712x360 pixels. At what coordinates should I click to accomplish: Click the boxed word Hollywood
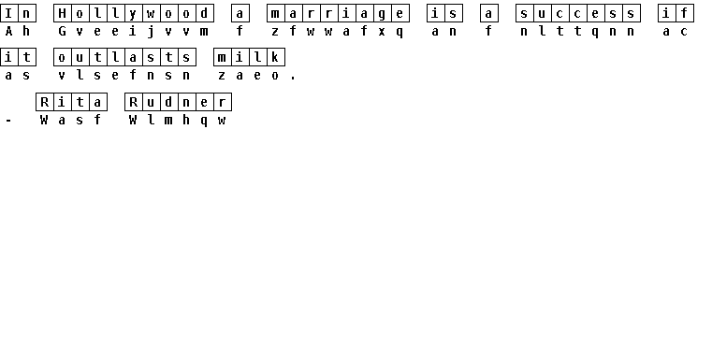click(x=134, y=13)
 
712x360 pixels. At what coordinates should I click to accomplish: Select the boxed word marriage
click(x=339, y=13)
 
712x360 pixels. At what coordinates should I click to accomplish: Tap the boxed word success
click(x=578, y=13)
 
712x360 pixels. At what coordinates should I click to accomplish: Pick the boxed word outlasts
click(x=124, y=57)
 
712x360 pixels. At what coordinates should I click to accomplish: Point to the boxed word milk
click(x=249, y=57)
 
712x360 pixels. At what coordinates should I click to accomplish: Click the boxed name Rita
click(x=71, y=102)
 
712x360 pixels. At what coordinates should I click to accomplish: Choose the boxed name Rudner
click(x=178, y=102)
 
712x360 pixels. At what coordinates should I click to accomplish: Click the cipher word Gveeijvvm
click(x=134, y=32)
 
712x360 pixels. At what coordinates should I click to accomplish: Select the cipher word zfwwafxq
click(x=339, y=32)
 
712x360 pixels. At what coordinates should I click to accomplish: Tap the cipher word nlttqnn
click(x=578, y=32)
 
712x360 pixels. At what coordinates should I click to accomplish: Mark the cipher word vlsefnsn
click(x=124, y=76)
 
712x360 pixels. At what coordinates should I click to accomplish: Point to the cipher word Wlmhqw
click(x=178, y=121)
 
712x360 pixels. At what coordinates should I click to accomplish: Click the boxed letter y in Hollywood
click(x=134, y=13)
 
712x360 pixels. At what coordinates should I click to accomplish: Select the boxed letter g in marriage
click(x=383, y=13)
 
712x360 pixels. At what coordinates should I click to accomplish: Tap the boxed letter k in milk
click(x=276, y=57)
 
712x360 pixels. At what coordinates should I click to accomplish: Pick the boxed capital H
click(x=62, y=13)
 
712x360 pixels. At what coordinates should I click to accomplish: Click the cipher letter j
click(x=151, y=32)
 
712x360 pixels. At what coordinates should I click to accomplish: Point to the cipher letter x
click(x=383, y=32)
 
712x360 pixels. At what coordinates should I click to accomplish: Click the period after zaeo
click(x=294, y=79)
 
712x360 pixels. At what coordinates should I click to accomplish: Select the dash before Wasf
click(x=8, y=121)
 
